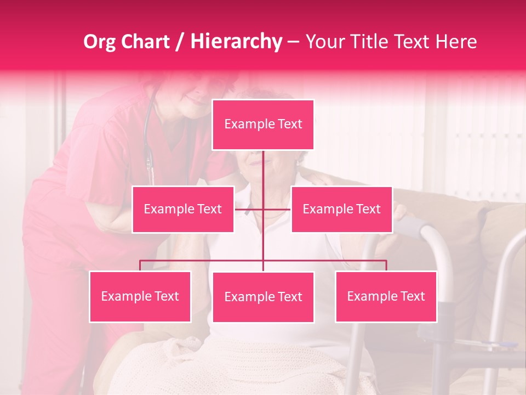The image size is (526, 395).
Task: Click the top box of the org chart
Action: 263,125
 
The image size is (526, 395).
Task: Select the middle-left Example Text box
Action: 183,209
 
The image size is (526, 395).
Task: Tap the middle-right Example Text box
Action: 341,209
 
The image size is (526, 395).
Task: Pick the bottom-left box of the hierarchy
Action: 140,296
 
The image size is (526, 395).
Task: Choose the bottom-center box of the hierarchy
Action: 263,297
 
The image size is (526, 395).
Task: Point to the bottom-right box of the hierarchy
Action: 386,296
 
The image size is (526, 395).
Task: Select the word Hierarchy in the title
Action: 236,42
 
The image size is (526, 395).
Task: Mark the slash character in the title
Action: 180,42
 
